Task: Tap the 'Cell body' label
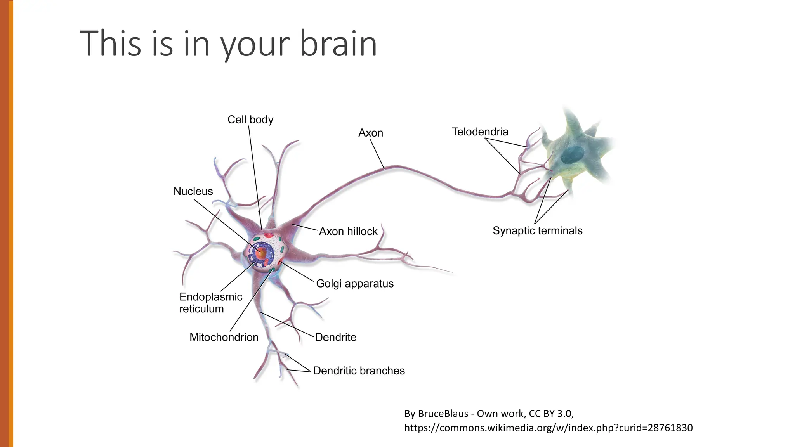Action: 250,120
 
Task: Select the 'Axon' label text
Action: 370,133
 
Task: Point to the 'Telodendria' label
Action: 480,132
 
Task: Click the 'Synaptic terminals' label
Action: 537,230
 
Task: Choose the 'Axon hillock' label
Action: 348,231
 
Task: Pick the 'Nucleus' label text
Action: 193,191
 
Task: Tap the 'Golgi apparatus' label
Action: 354,284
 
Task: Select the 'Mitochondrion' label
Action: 224,337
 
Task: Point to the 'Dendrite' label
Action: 335,337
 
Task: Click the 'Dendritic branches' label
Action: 359,371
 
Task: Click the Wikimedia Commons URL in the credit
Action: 548,428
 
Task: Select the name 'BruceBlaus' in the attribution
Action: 443,414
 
